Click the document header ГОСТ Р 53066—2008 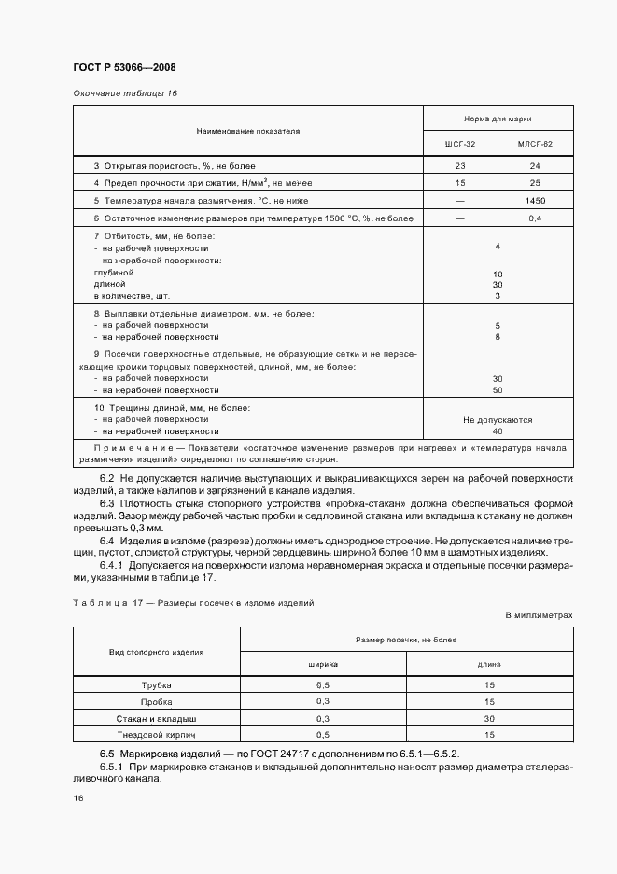tap(123, 67)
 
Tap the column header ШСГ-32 tap(460, 144)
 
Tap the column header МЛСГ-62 tap(536, 144)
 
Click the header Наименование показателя tap(247, 132)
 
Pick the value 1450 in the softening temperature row tap(536, 201)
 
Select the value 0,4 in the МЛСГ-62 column tap(536, 218)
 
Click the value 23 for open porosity tap(460, 165)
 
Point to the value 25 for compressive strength tap(536, 183)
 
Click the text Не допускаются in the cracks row tap(498, 420)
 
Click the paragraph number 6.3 tap(107, 503)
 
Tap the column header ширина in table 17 tap(323, 664)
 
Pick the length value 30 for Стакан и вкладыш tap(489, 718)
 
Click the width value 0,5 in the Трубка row tap(323, 684)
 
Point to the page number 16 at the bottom tap(78, 799)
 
